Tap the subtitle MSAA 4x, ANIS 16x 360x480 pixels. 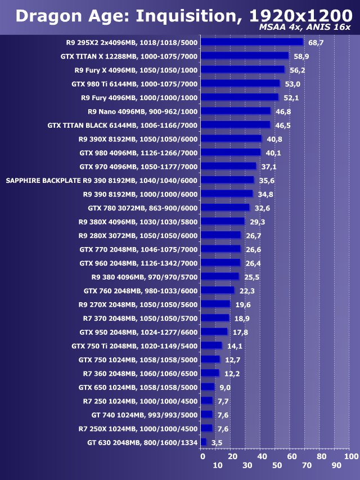coord(305,28)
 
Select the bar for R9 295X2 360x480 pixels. coord(251,42)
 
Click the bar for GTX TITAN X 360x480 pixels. coord(244,56)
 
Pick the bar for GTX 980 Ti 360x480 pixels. coord(240,83)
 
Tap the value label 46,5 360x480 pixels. coord(283,125)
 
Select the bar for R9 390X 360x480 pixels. coord(231,138)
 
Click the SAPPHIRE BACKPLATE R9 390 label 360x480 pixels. coord(101,180)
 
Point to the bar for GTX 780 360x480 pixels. coord(224,208)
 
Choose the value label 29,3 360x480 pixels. coord(258,221)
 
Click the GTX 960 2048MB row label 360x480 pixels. coord(138,263)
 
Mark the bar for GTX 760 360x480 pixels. coord(217,290)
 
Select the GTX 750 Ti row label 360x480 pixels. coord(134,346)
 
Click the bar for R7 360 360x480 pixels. coord(209,373)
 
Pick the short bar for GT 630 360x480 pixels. coord(203,442)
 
